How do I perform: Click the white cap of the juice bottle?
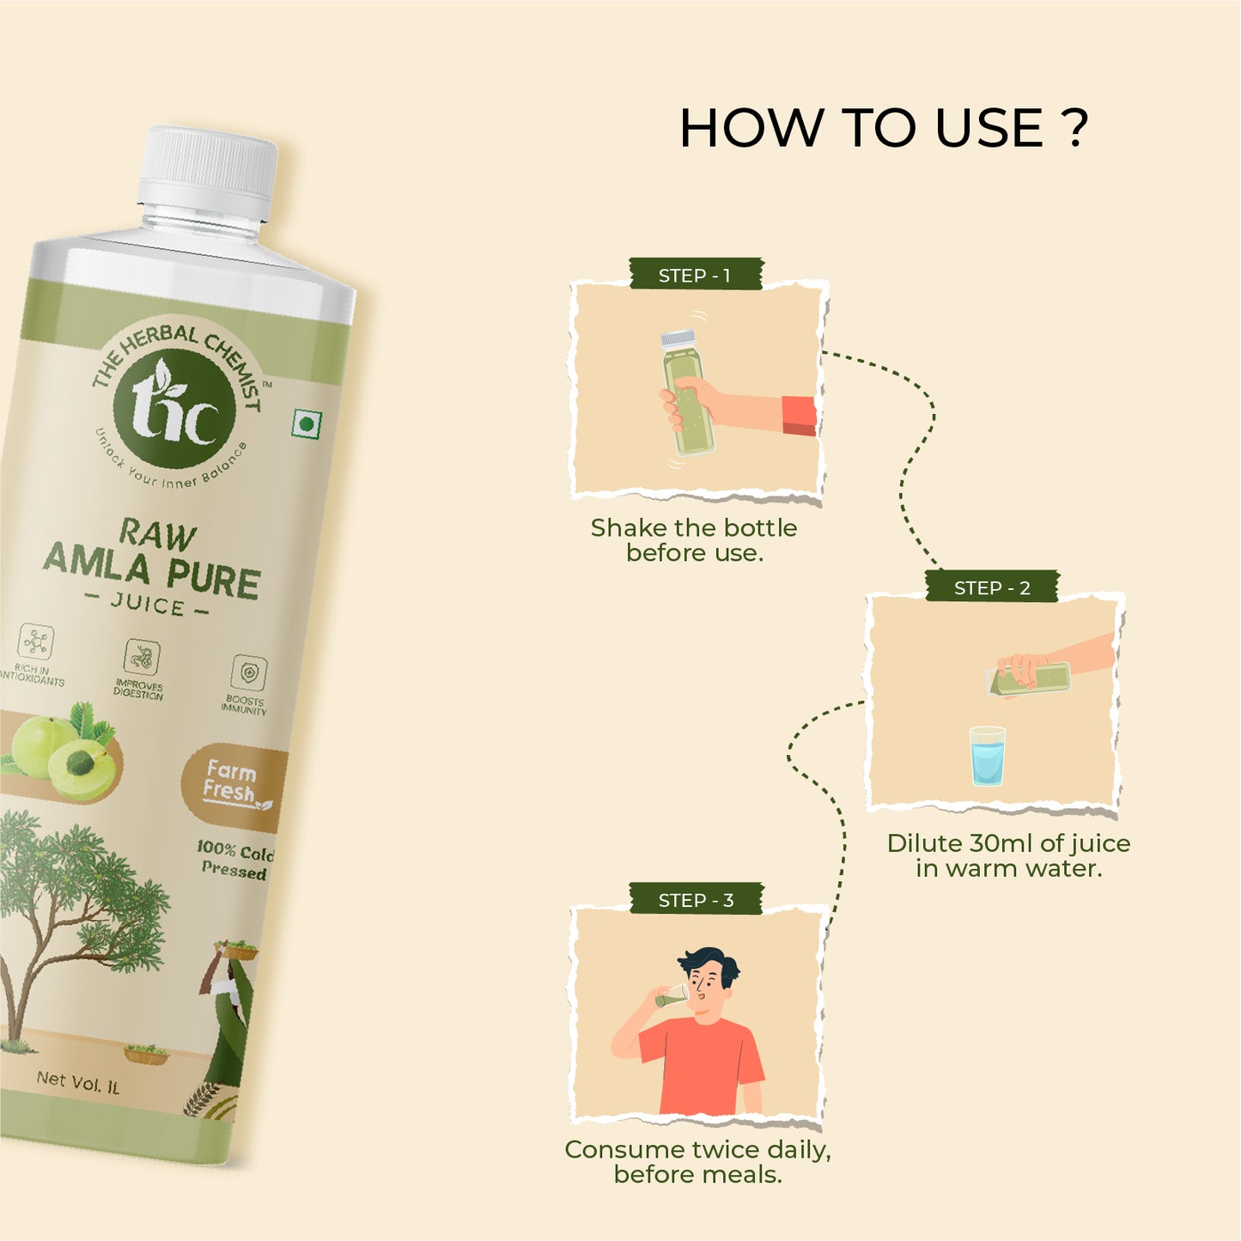tap(207, 173)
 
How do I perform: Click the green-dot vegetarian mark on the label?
tap(305, 423)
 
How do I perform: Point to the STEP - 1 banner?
tap(695, 276)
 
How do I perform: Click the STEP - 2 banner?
tap(992, 587)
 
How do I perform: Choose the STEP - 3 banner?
tap(696, 900)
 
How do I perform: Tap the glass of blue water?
tap(988, 756)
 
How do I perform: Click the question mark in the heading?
tap(1073, 127)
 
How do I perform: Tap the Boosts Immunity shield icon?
tap(248, 672)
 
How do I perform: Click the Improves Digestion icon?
tap(142, 656)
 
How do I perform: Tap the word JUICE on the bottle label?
tap(148, 605)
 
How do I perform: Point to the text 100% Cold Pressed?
tap(235, 860)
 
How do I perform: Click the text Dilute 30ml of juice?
tap(1008, 843)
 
